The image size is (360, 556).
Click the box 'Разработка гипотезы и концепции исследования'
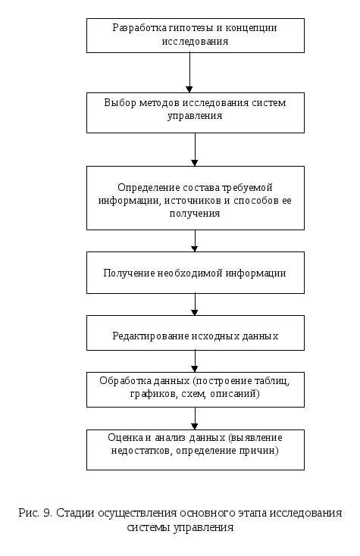click(195, 35)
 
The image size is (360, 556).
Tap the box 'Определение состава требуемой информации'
click(195, 199)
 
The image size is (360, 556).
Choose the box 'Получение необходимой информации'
click(195, 273)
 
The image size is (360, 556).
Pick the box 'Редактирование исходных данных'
click(195, 334)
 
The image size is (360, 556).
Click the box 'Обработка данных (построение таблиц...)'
click(195, 387)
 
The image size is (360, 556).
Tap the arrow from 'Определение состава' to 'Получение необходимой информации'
click(195, 241)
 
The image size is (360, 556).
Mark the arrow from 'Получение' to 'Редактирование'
click(195, 305)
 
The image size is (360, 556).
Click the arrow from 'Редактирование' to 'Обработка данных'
click(195, 361)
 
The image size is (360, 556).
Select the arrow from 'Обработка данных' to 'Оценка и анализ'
click(195, 417)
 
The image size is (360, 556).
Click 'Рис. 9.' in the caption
click(35, 513)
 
